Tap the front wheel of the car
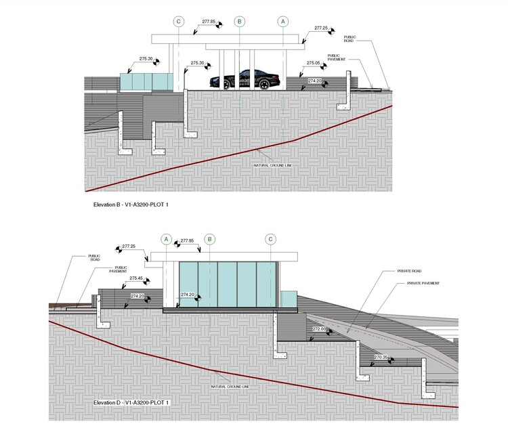218,84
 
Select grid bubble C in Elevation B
179,22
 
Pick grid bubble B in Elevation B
239,22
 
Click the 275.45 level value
136,278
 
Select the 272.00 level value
319,329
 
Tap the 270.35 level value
379,357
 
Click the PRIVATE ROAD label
409,271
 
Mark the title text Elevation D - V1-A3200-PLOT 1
131,403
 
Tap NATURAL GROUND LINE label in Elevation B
272,165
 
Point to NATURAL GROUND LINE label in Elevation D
230,387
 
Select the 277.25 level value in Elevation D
129,246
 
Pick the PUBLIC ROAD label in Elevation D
94,258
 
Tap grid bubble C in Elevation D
270,239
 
